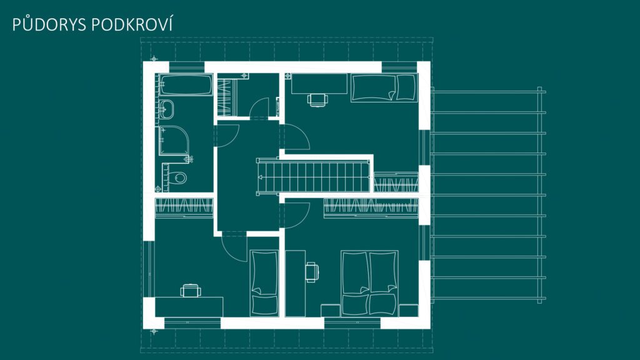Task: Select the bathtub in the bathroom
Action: [186, 85]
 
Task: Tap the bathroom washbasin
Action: [166, 109]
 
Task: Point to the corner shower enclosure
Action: [174, 141]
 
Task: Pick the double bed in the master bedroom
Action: [369, 283]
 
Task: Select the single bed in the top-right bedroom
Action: [384, 87]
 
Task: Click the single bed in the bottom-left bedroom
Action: [264, 283]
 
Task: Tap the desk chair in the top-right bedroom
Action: [317, 99]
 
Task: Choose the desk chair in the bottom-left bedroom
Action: [191, 290]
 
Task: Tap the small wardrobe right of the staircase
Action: [396, 182]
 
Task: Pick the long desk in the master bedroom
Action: [296, 283]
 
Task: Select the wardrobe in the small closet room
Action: [227, 97]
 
